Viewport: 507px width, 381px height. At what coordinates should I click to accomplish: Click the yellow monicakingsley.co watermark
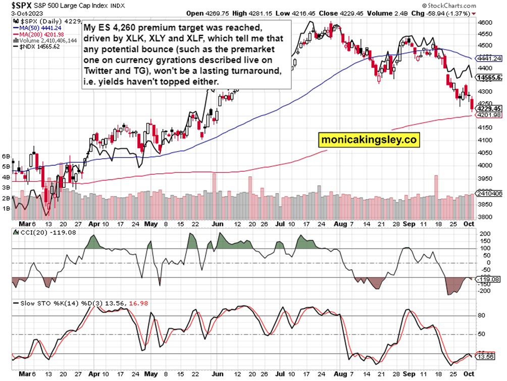[369, 141]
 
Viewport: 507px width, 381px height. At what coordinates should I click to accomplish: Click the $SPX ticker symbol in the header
[13, 5]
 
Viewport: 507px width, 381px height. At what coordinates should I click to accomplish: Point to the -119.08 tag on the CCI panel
[489, 279]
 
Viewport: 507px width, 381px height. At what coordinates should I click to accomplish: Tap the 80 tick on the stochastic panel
[482, 315]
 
